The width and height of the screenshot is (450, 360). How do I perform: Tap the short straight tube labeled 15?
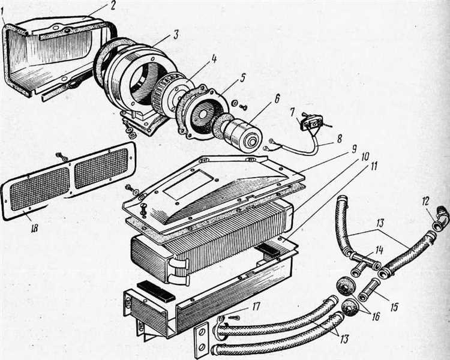(x=368, y=289)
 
